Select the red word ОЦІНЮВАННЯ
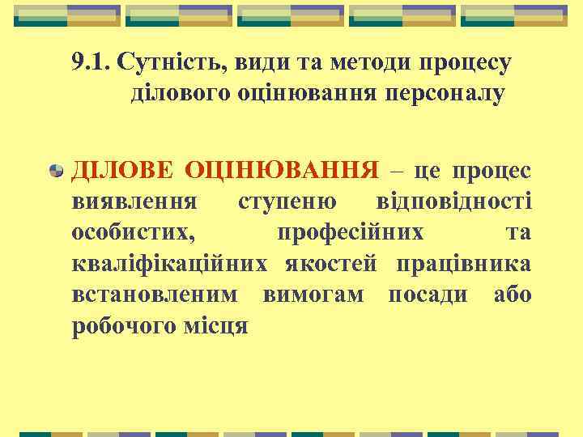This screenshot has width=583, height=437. [x=282, y=170]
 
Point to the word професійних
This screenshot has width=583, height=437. [x=350, y=232]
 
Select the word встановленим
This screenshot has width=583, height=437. [x=155, y=295]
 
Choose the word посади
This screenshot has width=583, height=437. [x=428, y=295]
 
